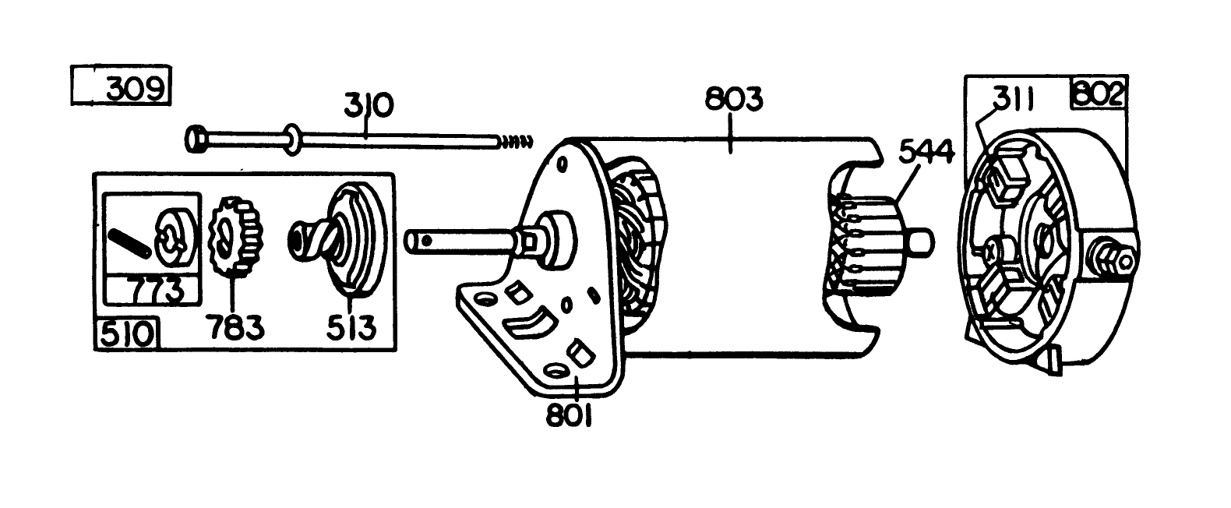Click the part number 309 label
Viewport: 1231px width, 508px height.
(x=134, y=88)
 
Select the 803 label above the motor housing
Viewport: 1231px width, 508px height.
(x=733, y=101)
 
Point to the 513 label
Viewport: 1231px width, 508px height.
(x=351, y=327)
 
